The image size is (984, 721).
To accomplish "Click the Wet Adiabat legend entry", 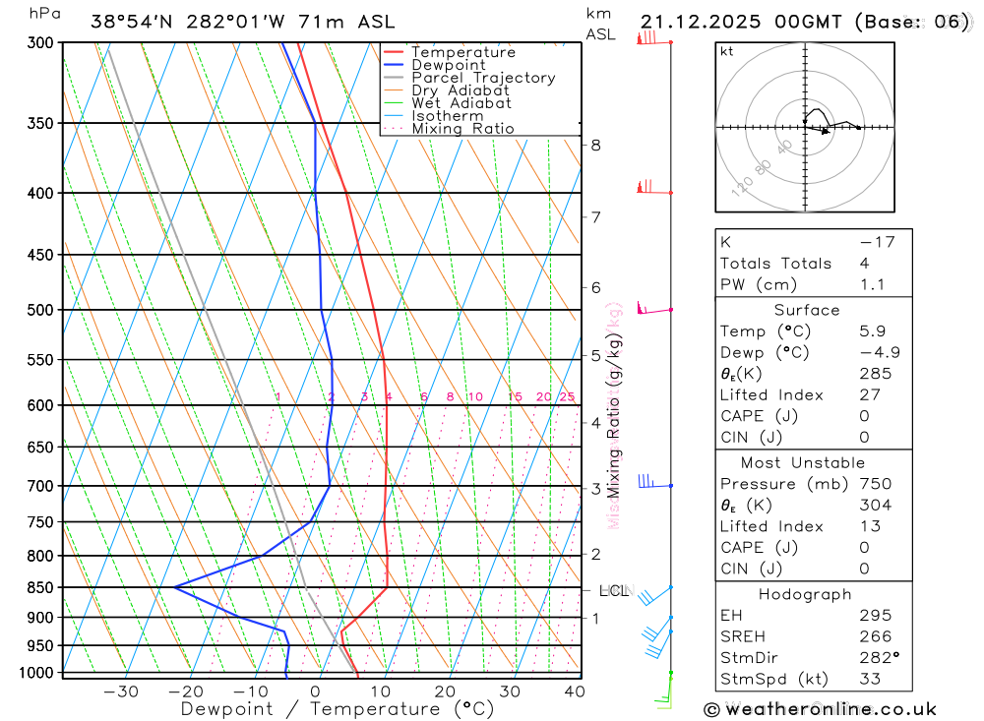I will click(x=461, y=103).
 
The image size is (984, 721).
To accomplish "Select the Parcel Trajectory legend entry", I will click(x=482, y=78).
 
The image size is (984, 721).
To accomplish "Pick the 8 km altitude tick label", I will click(x=595, y=146).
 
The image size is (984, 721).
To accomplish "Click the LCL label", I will click(x=613, y=591).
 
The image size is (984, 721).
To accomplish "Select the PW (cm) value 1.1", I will click(x=872, y=285).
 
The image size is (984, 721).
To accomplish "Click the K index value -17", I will click(x=876, y=242).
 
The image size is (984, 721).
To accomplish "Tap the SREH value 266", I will click(x=875, y=636).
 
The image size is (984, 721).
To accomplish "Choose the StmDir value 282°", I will click(x=879, y=658).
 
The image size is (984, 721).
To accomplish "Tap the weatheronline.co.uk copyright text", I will click(x=821, y=708).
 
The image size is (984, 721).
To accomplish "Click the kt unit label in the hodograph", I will click(x=727, y=52).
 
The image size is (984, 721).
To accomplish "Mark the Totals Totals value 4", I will click(x=863, y=264).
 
